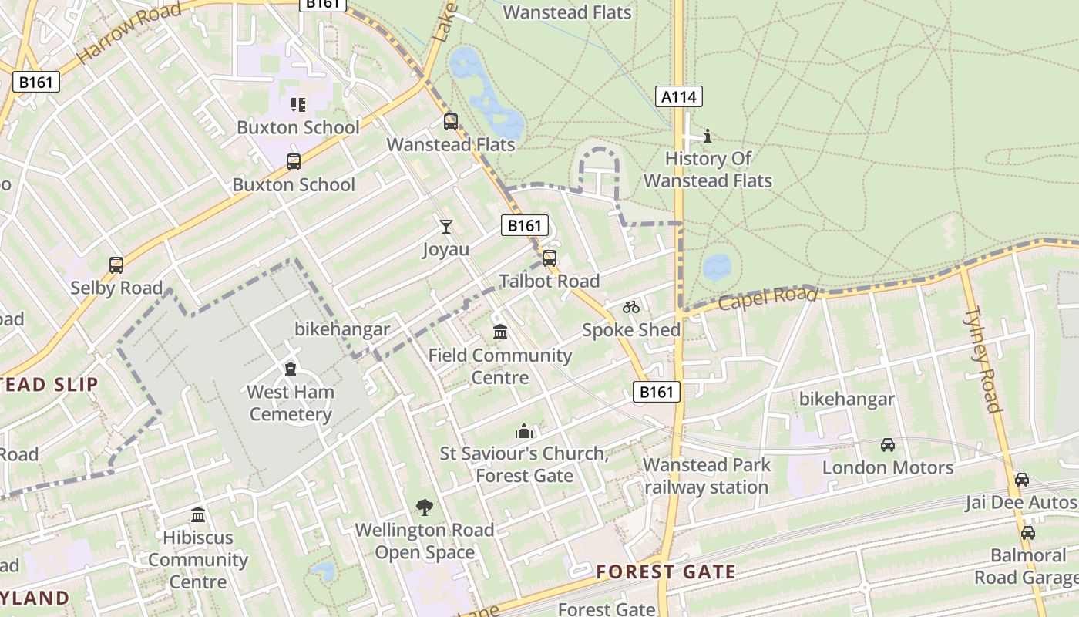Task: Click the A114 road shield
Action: pos(679,96)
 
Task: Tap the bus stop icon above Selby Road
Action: pos(116,265)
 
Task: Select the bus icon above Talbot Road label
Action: pos(550,258)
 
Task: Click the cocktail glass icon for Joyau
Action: pos(446,226)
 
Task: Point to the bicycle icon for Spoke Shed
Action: pos(631,307)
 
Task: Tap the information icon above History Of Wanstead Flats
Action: pos(708,137)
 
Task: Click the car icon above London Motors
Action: pos(888,445)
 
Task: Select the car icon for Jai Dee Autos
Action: pos(1022,480)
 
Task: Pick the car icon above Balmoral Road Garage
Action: pos(1028,533)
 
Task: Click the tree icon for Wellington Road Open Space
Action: pos(424,507)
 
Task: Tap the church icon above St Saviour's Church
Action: pos(524,430)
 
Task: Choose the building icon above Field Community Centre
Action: pos(500,332)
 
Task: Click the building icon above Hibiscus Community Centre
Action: pos(198,514)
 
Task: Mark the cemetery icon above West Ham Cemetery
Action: pos(291,369)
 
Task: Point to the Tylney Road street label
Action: pos(983,359)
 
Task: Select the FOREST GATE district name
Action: pos(666,572)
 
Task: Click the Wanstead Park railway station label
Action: pos(707,476)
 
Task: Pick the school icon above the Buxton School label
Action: pos(298,105)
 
